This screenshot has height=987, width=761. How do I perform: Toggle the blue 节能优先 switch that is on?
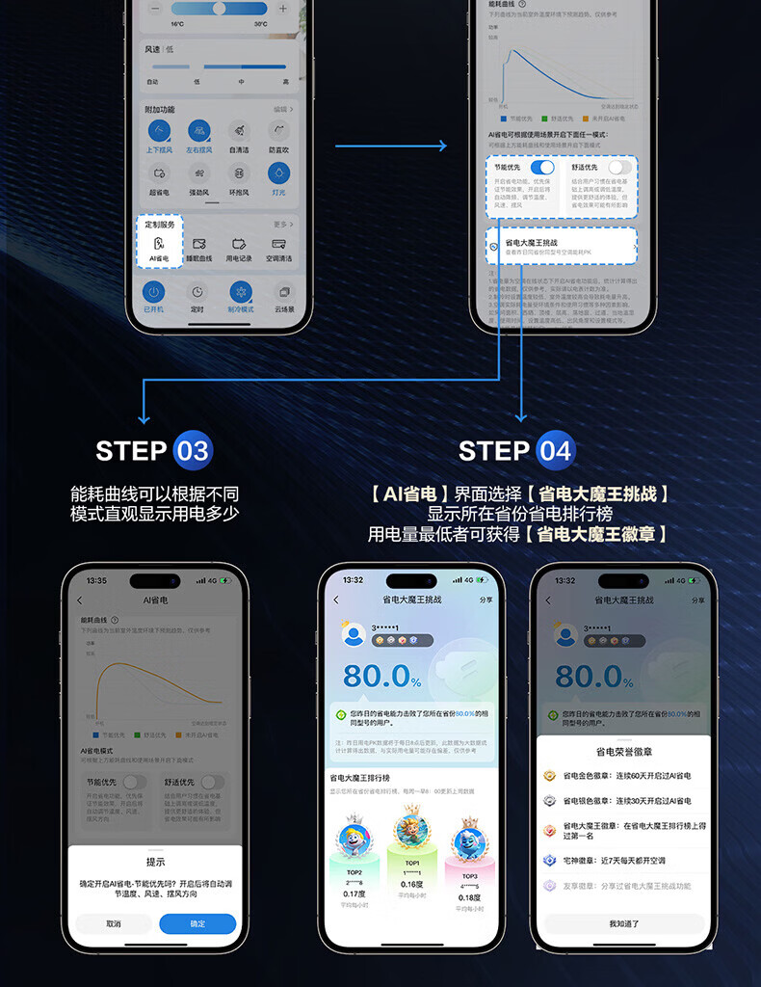(x=541, y=167)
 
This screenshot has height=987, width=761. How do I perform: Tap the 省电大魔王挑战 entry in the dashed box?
(x=562, y=246)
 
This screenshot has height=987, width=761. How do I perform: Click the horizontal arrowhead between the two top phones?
(x=441, y=147)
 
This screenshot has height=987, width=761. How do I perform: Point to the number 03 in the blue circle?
(x=192, y=450)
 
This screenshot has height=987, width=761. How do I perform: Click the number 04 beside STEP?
(x=555, y=450)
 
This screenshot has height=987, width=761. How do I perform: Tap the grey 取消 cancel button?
(x=114, y=923)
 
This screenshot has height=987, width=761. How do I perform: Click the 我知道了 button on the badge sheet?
(x=623, y=923)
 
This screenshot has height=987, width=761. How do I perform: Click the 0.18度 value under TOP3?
(x=469, y=897)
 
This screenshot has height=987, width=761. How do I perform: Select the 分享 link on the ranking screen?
(x=485, y=600)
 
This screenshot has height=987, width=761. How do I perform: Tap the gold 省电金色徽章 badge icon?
(x=549, y=776)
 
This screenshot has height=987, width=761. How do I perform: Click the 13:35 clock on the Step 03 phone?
(x=96, y=580)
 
